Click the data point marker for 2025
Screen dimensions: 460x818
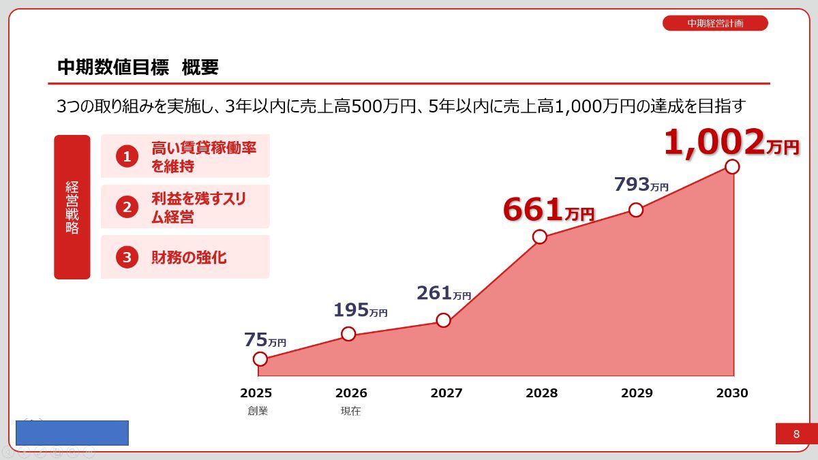260,359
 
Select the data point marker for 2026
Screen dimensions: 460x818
348,334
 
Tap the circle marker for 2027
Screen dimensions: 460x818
444,320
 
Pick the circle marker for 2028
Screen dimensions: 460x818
540,237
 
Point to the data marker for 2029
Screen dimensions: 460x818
636,210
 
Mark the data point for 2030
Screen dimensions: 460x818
732,167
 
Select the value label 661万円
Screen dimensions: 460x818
549,211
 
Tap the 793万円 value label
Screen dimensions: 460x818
641,185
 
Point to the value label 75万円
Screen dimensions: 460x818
265,340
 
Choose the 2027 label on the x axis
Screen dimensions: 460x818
446,393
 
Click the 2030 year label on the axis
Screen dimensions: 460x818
732,393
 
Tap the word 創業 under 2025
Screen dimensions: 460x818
258,411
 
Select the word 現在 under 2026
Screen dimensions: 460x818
350,411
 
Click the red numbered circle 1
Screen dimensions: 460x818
127,157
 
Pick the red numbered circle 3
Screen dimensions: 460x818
127,258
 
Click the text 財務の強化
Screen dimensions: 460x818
189,258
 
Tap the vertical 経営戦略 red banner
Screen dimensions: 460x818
72,207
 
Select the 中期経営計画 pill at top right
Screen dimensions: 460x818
715,23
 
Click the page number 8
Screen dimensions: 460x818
796,434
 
